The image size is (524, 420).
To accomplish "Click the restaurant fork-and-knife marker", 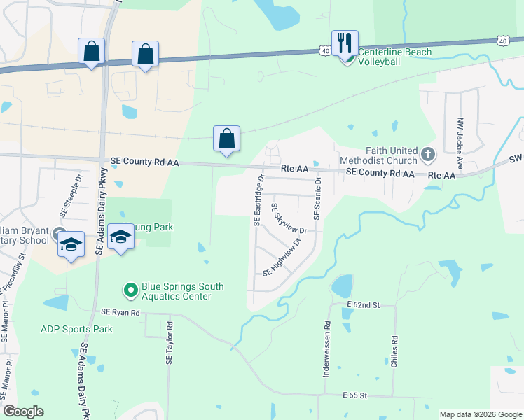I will [345, 43].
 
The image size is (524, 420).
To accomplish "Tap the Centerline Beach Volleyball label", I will [389, 57].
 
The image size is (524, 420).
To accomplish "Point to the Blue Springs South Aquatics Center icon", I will [130, 289].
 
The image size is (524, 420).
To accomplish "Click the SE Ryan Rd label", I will [120, 312].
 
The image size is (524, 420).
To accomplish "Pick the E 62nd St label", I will [362, 306].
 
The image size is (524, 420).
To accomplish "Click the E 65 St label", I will [355, 396].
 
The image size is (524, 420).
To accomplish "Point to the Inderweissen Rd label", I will [326, 350].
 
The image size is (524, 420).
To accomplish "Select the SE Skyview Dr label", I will [289, 219].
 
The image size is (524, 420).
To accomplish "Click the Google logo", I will [23, 412].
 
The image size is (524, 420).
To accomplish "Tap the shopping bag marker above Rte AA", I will [227, 139].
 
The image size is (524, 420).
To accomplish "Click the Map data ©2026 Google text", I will [480, 414].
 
